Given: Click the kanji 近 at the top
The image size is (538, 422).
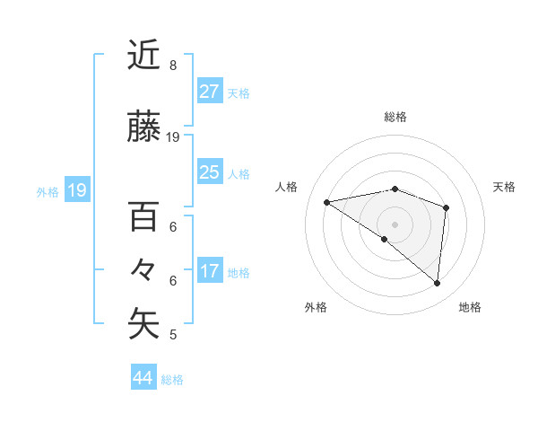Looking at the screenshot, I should (x=144, y=55).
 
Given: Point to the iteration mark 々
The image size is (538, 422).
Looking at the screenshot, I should (x=144, y=268).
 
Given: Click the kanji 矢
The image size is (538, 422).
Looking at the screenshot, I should (x=144, y=323).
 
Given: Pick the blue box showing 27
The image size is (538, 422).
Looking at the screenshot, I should (x=210, y=92).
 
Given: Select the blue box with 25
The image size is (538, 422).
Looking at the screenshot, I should (x=210, y=172).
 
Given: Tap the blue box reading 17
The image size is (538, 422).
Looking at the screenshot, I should (x=210, y=272).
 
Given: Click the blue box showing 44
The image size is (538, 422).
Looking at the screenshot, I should (x=143, y=378).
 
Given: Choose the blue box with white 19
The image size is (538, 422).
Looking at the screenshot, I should (x=76, y=190).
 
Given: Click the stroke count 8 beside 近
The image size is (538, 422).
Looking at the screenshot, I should (x=173, y=65).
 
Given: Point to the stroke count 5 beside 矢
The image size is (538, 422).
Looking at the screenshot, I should (x=173, y=335).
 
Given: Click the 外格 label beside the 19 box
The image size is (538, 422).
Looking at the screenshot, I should (x=48, y=191).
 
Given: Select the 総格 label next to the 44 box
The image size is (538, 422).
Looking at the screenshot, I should (x=172, y=380).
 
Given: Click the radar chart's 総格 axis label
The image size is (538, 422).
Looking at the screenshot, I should (x=395, y=118).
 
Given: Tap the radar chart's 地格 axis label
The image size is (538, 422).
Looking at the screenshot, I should (x=470, y=308).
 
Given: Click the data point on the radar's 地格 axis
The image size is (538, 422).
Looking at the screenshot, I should (x=437, y=283).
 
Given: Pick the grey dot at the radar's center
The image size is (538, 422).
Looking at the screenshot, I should (x=395, y=224).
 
